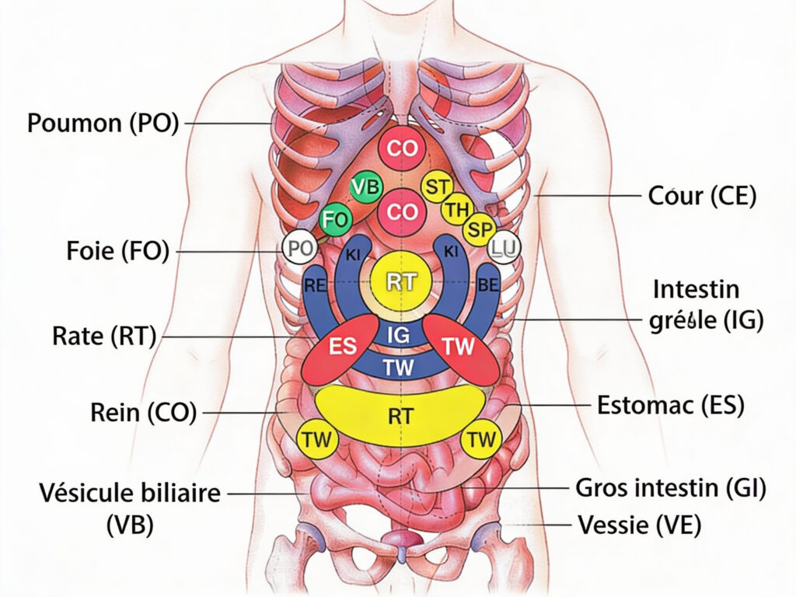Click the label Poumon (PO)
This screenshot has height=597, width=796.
pyautogui.click(x=103, y=123)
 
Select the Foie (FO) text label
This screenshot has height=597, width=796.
pyautogui.click(x=117, y=252)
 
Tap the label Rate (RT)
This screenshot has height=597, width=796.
pyautogui.click(x=104, y=336)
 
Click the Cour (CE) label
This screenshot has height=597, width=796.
pyautogui.click(x=702, y=196)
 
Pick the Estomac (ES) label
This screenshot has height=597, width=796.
pyautogui.click(x=671, y=406)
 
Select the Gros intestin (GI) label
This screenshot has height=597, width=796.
pyautogui.click(x=671, y=488)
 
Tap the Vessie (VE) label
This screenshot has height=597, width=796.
pyautogui.click(x=640, y=525)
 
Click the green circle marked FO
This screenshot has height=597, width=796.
pyautogui.click(x=335, y=220)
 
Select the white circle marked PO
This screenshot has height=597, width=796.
pyautogui.click(x=299, y=248)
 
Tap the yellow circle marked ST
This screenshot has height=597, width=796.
pyautogui.click(x=438, y=187)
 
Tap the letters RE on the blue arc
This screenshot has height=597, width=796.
pyautogui.click(x=315, y=285)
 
